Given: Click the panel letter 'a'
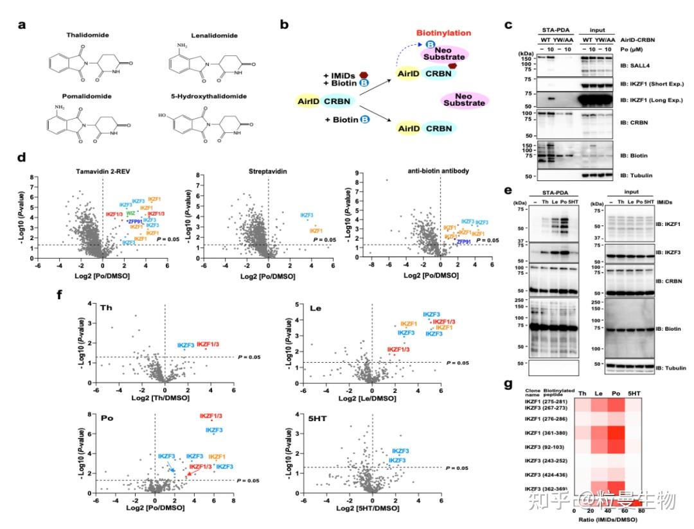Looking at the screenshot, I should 22,25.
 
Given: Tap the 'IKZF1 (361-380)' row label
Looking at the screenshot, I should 540,434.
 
